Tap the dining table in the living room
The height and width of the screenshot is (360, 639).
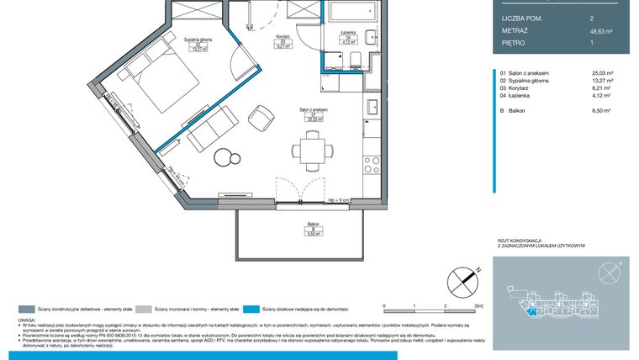point(315,151)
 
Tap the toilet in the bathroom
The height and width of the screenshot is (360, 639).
point(356,59)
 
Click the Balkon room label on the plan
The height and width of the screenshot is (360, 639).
point(313,226)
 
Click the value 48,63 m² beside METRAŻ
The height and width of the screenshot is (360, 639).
point(603,30)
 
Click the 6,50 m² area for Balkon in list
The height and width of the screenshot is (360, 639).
point(604,110)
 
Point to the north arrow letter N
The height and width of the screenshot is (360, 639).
point(478,270)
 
